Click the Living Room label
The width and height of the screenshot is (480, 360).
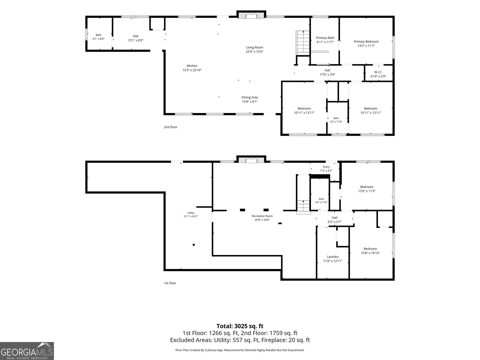pos(254,47)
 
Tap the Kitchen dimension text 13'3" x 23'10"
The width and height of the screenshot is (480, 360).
pos(192,70)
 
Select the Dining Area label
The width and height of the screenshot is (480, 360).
pos(250,97)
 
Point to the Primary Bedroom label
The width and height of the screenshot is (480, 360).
pos(366,41)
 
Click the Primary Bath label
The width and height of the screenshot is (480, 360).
pos(325,38)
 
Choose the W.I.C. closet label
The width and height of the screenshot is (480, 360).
pos(378,72)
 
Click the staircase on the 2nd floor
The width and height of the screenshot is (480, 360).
pos(303,43)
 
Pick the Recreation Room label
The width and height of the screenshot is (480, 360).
pos(262,216)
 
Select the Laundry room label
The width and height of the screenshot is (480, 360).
pos(333,256)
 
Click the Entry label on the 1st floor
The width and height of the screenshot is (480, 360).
pos(326,167)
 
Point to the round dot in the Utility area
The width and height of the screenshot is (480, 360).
pos(193,245)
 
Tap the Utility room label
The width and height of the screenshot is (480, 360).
pos(191,213)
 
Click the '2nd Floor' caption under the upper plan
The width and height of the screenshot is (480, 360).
pos(170,127)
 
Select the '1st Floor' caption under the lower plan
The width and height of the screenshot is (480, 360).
pos(170,283)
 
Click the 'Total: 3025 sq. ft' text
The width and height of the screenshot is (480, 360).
pos(240,326)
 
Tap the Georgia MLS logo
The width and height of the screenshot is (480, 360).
pos(27,351)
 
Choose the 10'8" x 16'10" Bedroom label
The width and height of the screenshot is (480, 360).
pos(370,251)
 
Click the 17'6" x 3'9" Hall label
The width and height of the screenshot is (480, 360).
pos(327,72)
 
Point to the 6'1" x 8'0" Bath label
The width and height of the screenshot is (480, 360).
pos(98,37)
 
